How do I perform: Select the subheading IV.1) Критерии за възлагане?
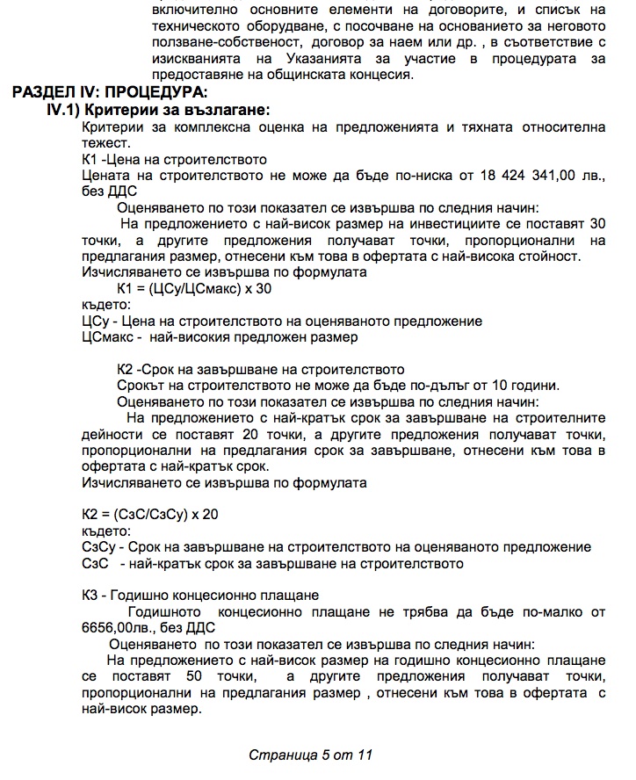click(158, 110)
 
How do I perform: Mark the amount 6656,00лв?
click(110, 628)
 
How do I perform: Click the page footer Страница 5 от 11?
click(312, 755)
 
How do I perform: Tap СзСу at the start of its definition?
click(97, 547)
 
